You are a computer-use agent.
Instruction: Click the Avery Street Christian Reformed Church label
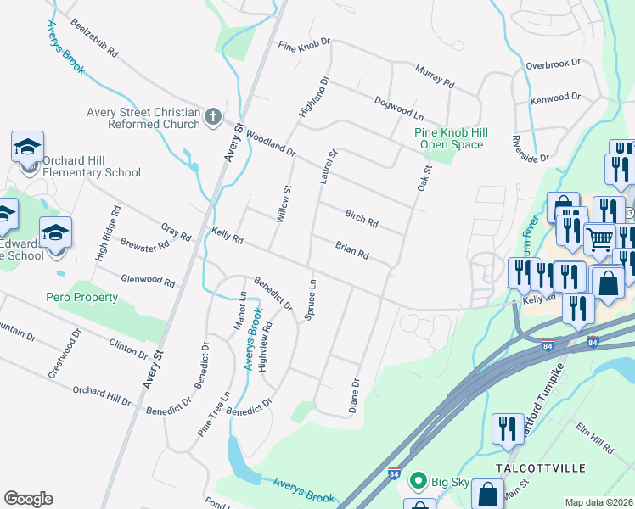click(x=143, y=118)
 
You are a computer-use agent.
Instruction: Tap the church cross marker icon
click(x=213, y=117)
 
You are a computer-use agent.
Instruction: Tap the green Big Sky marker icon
click(x=418, y=482)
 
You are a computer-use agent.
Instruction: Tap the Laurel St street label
click(x=328, y=165)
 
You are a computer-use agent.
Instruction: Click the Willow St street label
click(x=284, y=204)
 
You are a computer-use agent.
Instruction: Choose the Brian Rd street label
click(x=351, y=249)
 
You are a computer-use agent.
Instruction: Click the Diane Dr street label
click(x=355, y=396)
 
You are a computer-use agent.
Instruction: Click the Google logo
click(x=28, y=499)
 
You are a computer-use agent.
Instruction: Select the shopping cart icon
click(x=599, y=240)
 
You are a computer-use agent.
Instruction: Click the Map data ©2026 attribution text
click(x=598, y=502)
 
